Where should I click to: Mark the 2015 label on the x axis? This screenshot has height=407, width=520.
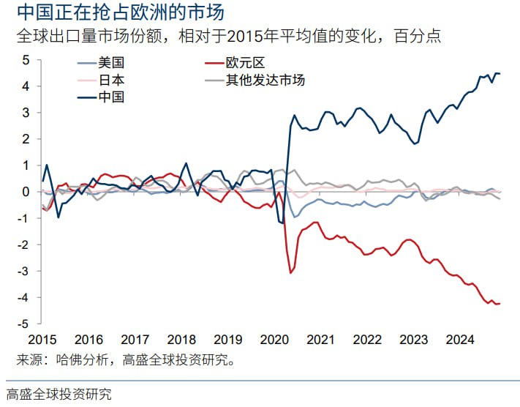pos(42,340)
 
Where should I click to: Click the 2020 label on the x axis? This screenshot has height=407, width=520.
pos(274,340)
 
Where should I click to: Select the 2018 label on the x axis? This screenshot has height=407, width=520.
pos(181,340)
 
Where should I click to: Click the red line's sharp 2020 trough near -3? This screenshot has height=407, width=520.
pos(290,273)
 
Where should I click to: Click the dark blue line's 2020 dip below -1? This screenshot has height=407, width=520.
pos(282,223)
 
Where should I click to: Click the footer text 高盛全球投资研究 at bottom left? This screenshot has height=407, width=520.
pos(59,394)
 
